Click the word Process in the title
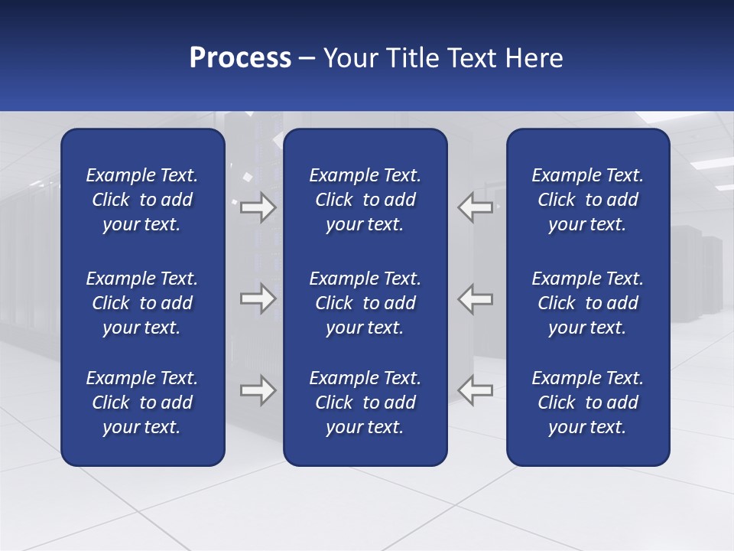(x=240, y=58)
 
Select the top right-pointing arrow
(x=258, y=207)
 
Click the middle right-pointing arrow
(x=258, y=298)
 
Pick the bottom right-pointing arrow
(x=258, y=390)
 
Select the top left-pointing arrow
(x=476, y=207)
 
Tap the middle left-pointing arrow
(x=476, y=298)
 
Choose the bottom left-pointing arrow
(x=476, y=390)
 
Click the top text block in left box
(x=142, y=200)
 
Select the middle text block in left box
(x=142, y=303)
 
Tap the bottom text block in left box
(x=142, y=403)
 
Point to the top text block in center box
(x=365, y=200)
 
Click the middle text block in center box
(x=365, y=303)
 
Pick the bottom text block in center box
(x=365, y=403)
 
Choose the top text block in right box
(x=587, y=200)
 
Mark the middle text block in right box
(x=587, y=303)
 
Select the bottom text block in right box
(x=587, y=403)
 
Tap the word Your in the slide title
(x=349, y=58)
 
